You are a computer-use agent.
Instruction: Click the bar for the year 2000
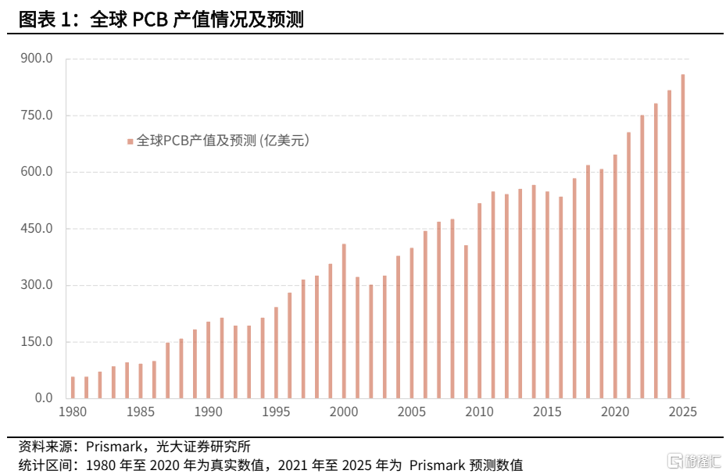[x=344, y=321]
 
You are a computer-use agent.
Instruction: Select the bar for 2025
[x=683, y=237]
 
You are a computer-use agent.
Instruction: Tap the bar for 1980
[x=73, y=387]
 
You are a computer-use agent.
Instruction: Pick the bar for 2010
[x=480, y=301]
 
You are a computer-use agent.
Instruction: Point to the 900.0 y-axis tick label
[x=37, y=59]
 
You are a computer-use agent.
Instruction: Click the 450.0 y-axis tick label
[x=37, y=229]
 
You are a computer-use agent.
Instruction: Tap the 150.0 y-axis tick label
[x=37, y=342]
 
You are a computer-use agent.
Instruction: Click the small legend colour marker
[x=131, y=141]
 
